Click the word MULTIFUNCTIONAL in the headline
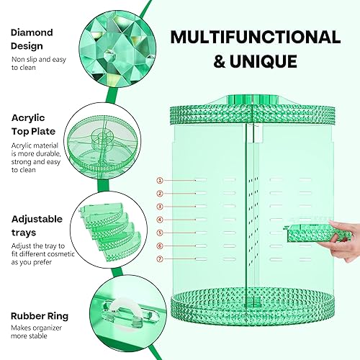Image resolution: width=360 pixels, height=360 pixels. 256,37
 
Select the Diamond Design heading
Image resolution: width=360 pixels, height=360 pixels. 32,37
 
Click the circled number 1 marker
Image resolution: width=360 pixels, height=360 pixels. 160,180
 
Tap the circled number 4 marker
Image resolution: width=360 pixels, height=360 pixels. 160,219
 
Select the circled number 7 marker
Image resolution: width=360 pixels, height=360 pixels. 160,258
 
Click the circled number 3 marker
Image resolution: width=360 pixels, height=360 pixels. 160,206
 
